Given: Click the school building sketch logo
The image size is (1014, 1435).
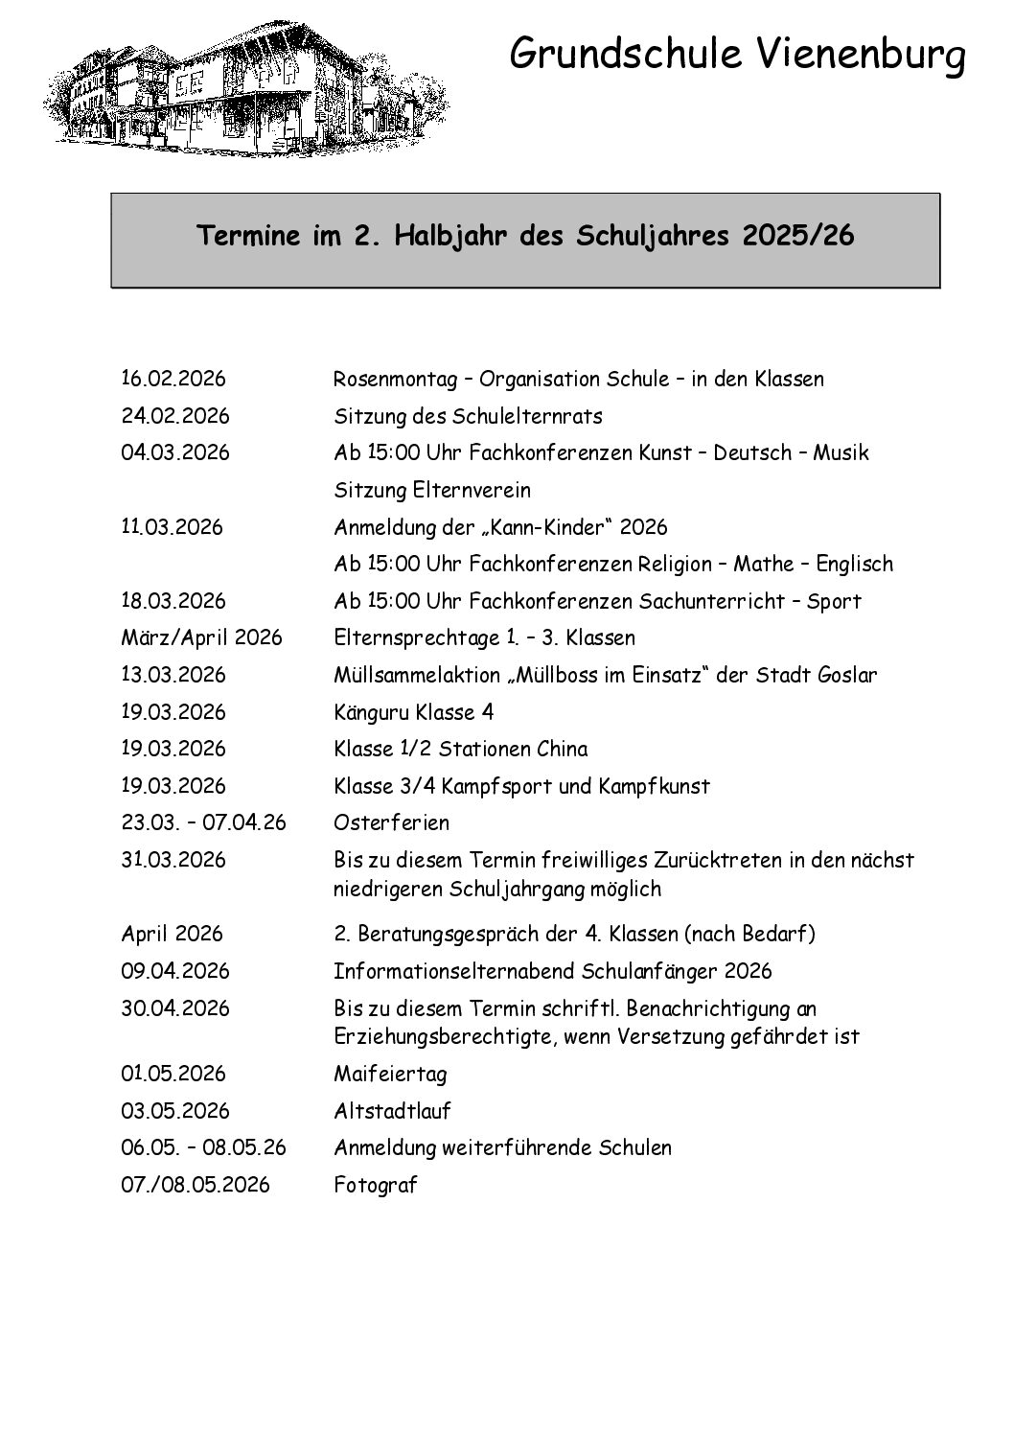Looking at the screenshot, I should (x=244, y=86).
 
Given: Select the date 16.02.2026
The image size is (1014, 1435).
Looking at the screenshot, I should (x=173, y=379).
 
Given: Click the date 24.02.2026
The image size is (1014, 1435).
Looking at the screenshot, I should (x=175, y=416).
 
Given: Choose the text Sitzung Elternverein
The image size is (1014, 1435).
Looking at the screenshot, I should (x=432, y=490).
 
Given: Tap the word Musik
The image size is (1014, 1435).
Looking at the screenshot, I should (x=841, y=452).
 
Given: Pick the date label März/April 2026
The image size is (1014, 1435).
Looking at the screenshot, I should (x=201, y=637).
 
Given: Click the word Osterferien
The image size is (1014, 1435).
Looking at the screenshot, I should (x=391, y=822).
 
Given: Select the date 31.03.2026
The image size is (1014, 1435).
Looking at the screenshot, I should (x=173, y=860).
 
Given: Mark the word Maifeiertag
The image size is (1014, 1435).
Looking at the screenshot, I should (x=390, y=1074).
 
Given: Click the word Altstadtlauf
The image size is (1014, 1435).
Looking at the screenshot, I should (x=392, y=1111).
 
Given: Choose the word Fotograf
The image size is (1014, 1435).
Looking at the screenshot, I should (x=376, y=1185).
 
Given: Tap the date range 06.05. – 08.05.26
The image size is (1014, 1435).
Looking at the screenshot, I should (x=203, y=1147).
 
